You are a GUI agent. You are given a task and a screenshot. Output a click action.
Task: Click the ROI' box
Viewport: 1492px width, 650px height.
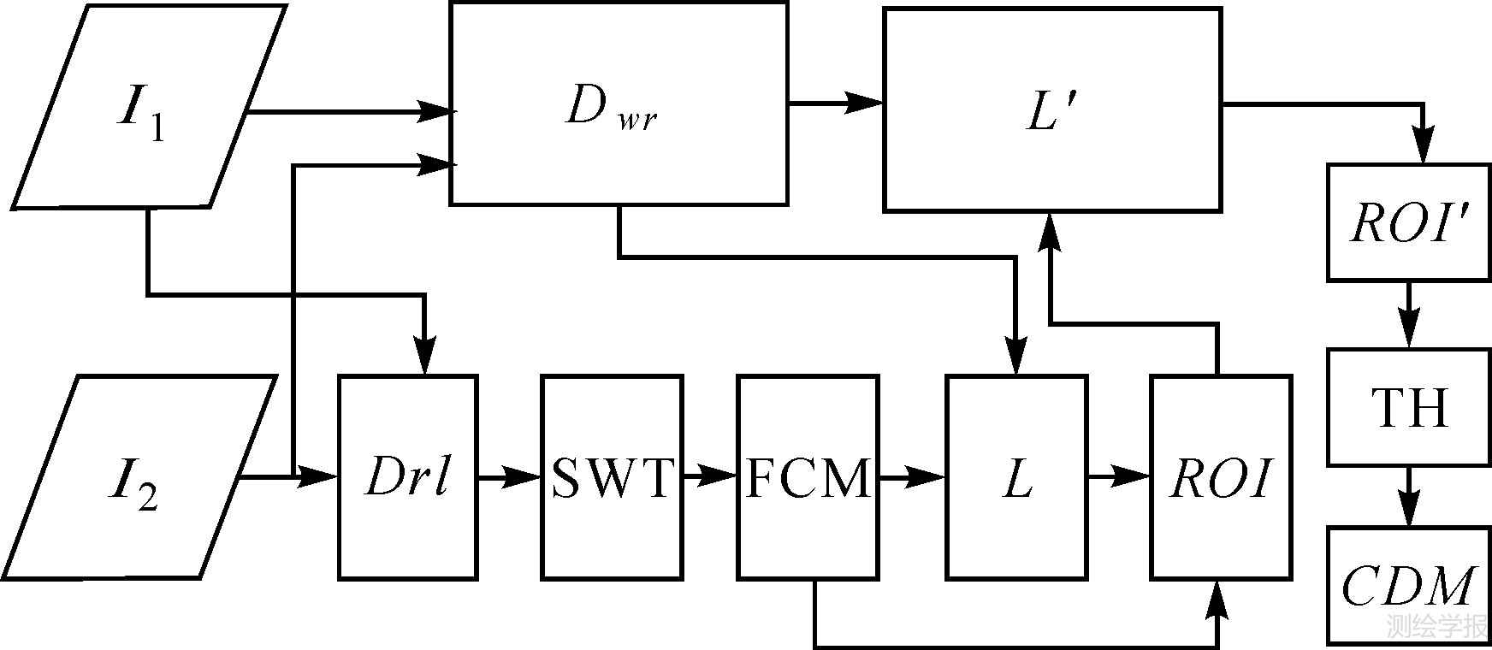click(x=1408, y=222)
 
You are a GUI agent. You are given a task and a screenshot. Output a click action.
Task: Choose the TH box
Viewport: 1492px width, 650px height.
click(x=1409, y=407)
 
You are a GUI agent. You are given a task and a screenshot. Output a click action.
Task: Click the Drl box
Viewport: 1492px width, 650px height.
click(x=407, y=477)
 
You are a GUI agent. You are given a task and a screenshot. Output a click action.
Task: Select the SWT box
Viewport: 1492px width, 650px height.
click(x=612, y=477)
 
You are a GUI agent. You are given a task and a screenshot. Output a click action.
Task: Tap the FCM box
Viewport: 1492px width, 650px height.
click(x=808, y=477)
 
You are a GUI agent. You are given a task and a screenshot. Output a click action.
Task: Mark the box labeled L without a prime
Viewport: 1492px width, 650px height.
click(x=1016, y=477)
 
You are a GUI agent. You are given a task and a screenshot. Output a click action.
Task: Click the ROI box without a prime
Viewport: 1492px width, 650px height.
click(x=1221, y=477)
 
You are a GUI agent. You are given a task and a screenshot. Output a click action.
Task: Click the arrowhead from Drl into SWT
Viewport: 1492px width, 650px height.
click(x=524, y=477)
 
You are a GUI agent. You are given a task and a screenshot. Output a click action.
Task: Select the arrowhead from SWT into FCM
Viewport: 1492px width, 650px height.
click(x=721, y=477)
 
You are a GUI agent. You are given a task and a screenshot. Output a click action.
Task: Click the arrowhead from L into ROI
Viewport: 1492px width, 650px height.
click(x=1133, y=476)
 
